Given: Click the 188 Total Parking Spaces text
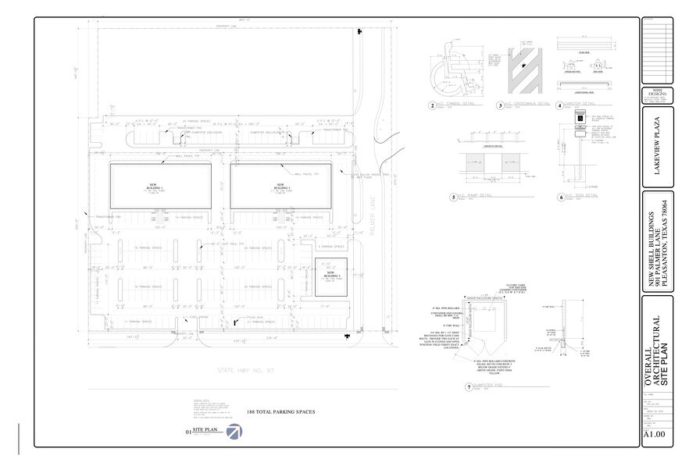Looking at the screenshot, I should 279,412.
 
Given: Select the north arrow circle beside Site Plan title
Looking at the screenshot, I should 234,432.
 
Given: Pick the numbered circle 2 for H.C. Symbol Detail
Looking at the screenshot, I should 431,105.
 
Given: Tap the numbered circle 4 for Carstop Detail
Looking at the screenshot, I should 559,105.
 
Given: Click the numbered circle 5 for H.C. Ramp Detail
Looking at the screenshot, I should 454,197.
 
